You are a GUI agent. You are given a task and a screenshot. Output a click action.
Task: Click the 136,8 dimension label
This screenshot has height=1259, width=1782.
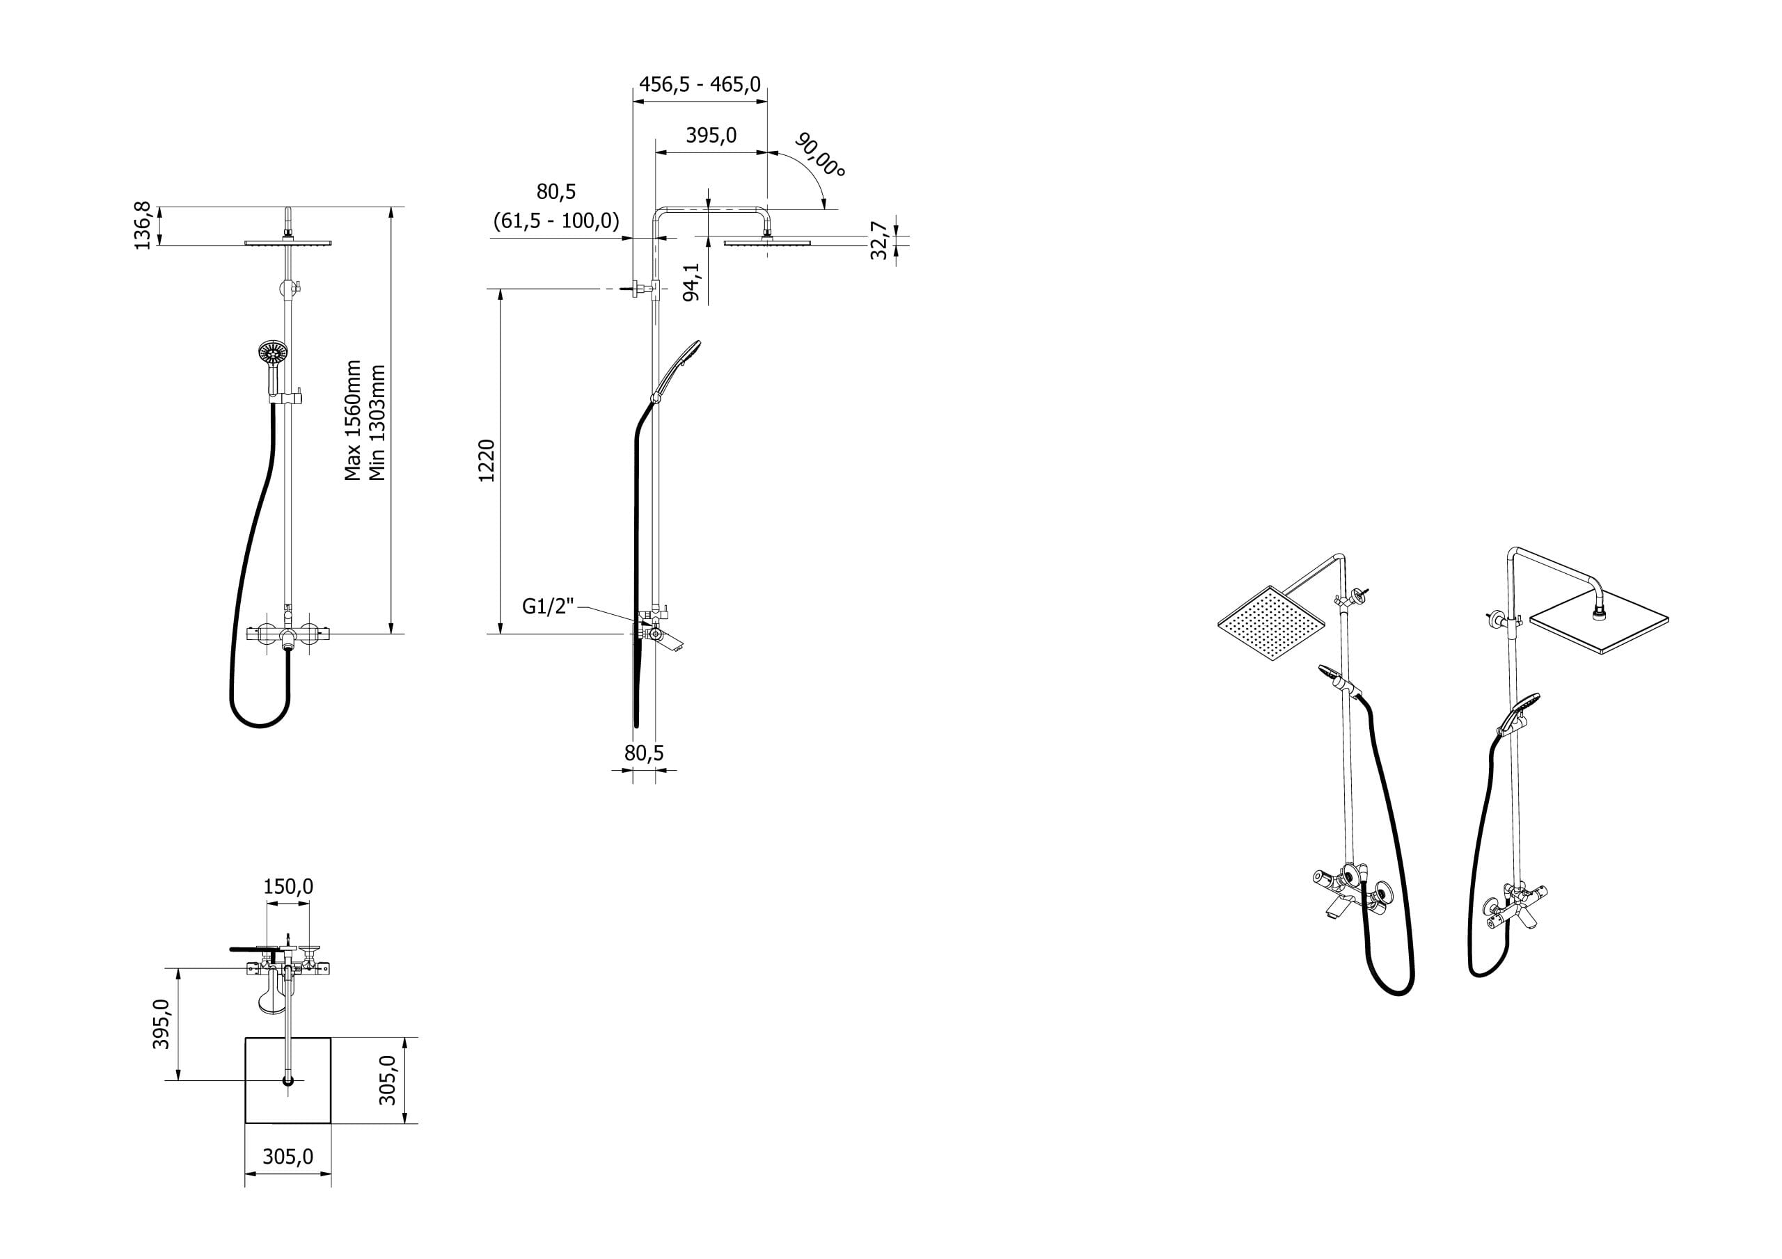point(142,226)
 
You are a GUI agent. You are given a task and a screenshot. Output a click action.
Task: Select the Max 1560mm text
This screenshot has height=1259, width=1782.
point(353,420)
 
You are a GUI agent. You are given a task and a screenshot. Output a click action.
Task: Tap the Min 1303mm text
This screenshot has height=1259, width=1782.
point(377,423)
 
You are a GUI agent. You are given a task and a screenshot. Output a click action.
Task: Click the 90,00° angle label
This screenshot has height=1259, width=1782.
point(819,154)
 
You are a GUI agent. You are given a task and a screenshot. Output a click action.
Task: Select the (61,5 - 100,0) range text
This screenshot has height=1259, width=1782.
point(556,222)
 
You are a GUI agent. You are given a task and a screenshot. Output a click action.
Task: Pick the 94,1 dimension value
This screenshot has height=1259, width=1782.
point(691,282)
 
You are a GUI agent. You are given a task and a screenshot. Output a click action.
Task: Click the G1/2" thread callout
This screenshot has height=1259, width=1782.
point(548,607)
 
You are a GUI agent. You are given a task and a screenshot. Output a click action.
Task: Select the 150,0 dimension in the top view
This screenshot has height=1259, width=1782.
point(288,886)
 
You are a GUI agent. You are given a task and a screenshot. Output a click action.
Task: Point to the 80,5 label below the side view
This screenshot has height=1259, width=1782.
point(644,753)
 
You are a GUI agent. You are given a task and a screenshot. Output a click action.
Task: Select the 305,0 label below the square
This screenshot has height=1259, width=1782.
point(288,1157)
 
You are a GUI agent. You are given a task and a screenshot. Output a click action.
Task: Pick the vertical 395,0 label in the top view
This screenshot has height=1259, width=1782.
point(161,1024)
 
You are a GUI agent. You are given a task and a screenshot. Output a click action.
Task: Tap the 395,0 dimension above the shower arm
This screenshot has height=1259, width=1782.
point(711,136)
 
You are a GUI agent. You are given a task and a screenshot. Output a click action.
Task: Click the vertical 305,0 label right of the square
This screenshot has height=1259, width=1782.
point(387,1080)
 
